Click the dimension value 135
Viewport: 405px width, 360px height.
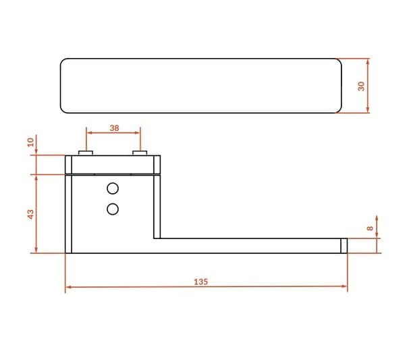click(x=200, y=282)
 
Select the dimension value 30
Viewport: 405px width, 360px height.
click(x=361, y=86)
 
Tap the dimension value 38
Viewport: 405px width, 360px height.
click(x=114, y=128)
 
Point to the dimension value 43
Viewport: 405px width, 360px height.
click(x=30, y=214)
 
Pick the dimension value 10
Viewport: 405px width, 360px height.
click(x=30, y=142)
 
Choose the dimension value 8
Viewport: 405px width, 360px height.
click(x=370, y=228)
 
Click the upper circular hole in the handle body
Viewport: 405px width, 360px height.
click(x=113, y=188)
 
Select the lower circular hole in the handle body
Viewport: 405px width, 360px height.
click(x=113, y=209)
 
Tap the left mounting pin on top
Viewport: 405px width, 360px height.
click(x=86, y=153)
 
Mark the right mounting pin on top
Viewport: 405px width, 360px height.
click(x=140, y=153)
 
